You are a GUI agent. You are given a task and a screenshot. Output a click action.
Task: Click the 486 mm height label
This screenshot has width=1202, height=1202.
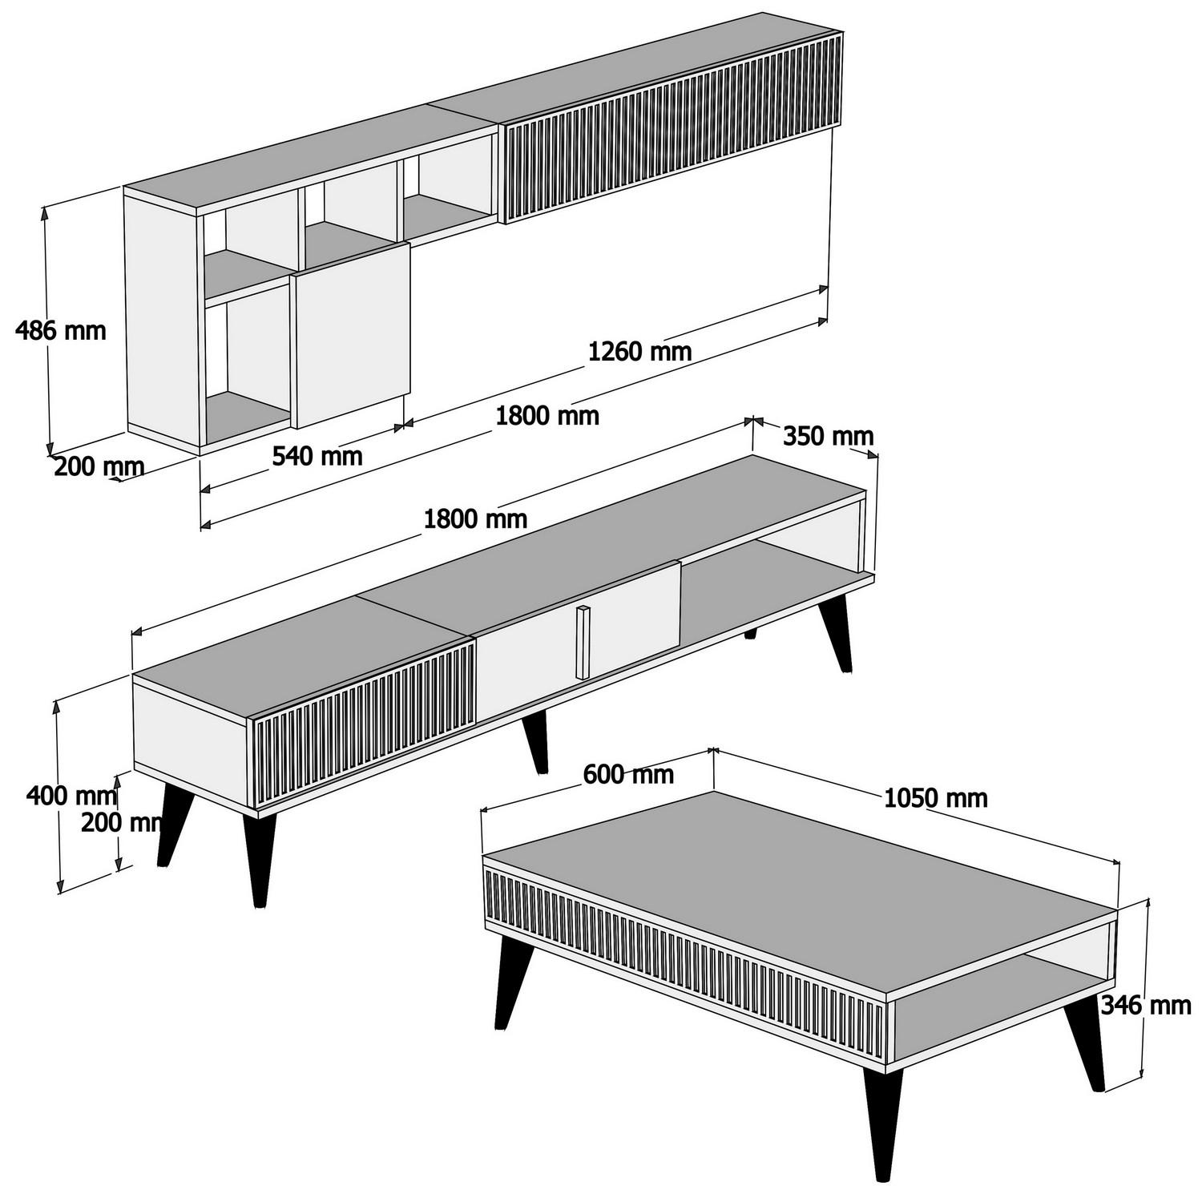coord(61,329)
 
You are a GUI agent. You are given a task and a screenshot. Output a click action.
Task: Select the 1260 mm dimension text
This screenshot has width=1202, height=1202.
coord(639,351)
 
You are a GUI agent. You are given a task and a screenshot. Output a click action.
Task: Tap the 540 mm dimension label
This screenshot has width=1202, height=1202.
coord(317,456)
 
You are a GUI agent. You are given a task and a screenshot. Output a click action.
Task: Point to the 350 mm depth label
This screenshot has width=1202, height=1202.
coord(828,437)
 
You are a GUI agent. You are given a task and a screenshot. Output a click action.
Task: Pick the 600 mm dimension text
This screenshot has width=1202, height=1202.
coord(628,774)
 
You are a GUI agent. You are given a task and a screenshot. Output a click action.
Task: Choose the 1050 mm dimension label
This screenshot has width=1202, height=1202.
coord(935,798)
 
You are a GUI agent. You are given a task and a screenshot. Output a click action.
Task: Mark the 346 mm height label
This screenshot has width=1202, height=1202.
coord(1145,1005)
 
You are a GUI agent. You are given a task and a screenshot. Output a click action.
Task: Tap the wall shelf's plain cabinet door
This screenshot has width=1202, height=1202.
coord(351,335)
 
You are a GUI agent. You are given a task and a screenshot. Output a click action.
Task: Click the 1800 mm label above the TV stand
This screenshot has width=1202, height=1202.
coord(475,519)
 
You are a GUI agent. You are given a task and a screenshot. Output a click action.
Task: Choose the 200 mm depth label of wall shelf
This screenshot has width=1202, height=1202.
coord(99,466)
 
